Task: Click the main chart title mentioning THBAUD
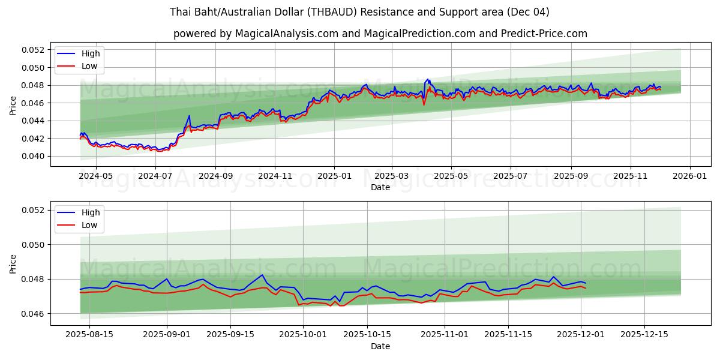pyautogui.click(x=359, y=12)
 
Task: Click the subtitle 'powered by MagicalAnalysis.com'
pyautogui.click(x=380, y=34)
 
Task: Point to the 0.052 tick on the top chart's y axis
pyautogui.click(x=34, y=50)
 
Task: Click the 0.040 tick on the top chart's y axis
pyautogui.click(x=34, y=156)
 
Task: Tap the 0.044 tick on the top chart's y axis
pyautogui.click(x=34, y=121)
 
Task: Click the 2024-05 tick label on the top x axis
pyautogui.click(x=97, y=176)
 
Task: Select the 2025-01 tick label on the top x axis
pyautogui.click(x=334, y=176)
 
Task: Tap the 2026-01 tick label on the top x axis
pyautogui.click(x=689, y=176)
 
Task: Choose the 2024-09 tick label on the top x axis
pyautogui.click(x=215, y=176)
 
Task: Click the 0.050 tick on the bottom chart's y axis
pyautogui.click(x=34, y=245)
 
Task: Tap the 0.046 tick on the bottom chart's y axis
pyautogui.click(x=34, y=314)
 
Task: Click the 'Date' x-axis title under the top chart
pyautogui.click(x=380, y=187)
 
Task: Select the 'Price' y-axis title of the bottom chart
pyautogui.click(x=13, y=263)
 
